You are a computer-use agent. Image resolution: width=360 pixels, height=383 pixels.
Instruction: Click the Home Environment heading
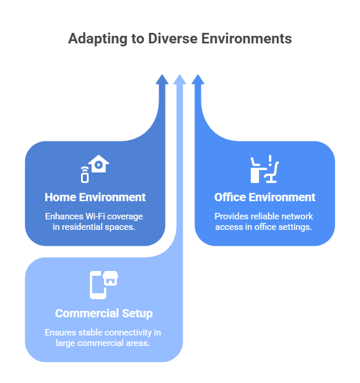(x=95, y=197)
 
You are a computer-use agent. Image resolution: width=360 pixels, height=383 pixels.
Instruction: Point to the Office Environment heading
(x=265, y=197)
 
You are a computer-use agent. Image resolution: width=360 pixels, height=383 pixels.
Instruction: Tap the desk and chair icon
(x=264, y=170)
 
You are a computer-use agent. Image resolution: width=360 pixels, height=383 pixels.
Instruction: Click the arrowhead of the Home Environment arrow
(x=163, y=79)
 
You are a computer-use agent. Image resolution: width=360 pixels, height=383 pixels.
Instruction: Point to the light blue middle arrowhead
(x=180, y=79)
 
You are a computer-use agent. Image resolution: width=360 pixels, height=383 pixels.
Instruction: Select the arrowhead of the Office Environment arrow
(x=198, y=79)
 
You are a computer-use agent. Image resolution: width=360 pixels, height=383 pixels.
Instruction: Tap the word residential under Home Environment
(x=83, y=226)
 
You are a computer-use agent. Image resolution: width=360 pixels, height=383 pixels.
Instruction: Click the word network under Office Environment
(x=298, y=216)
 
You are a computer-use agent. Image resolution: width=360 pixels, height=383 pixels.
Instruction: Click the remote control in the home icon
(x=85, y=174)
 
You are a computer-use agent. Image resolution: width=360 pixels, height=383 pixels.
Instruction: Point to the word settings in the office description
(x=297, y=226)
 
